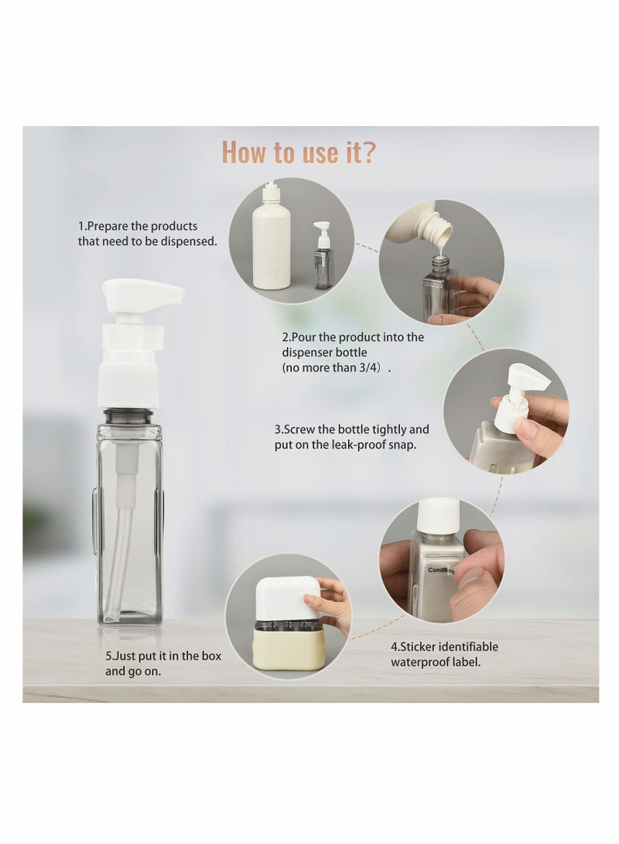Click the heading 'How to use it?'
[x=299, y=152]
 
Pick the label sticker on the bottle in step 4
[x=442, y=570]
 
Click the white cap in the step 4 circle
[x=439, y=514]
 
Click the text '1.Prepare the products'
[x=138, y=226]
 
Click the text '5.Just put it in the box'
[x=163, y=655]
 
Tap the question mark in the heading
[x=368, y=152]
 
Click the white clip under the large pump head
[x=134, y=337]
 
